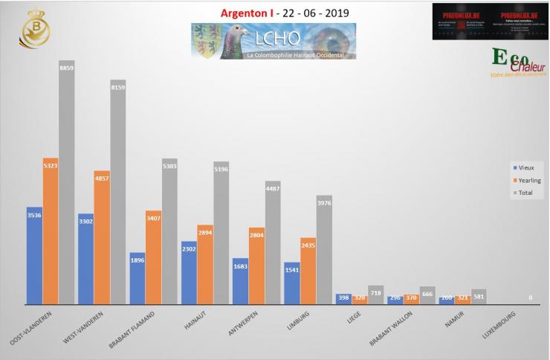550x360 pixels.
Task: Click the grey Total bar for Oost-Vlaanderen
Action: point(67,186)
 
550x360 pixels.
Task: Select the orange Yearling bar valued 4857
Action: point(102,238)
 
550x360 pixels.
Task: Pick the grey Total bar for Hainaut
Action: point(221,234)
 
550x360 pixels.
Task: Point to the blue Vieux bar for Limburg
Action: point(291,283)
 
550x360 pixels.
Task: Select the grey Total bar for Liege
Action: point(376,295)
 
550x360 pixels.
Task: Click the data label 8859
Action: point(67,67)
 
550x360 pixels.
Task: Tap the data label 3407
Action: point(153,218)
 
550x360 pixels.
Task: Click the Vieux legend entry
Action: point(523,167)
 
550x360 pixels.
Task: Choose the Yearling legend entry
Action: point(526,181)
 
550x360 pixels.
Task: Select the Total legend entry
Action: point(524,193)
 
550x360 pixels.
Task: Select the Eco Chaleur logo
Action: point(517,63)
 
